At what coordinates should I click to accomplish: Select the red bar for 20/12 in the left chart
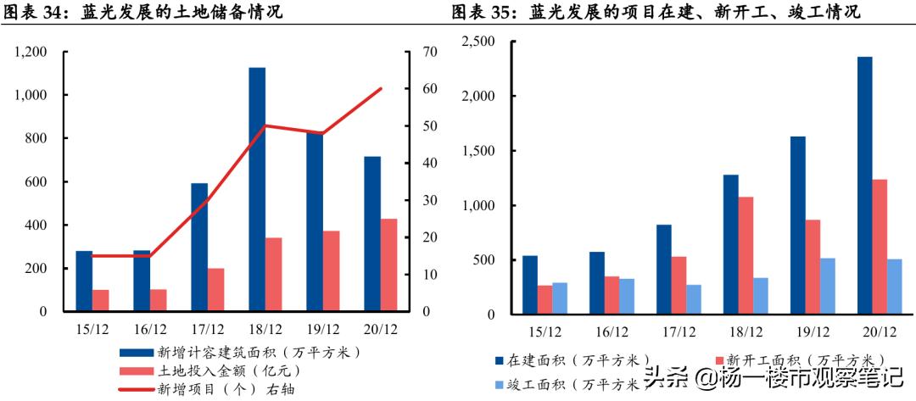[388, 265]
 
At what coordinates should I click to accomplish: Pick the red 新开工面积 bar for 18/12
[745, 255]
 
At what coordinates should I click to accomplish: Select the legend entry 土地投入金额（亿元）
[229, 370]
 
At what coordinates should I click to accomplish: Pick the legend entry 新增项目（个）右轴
[225, 389]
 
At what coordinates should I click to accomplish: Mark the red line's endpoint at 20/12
[381, 88]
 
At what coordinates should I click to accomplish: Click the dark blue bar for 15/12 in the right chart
[530, 285]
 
